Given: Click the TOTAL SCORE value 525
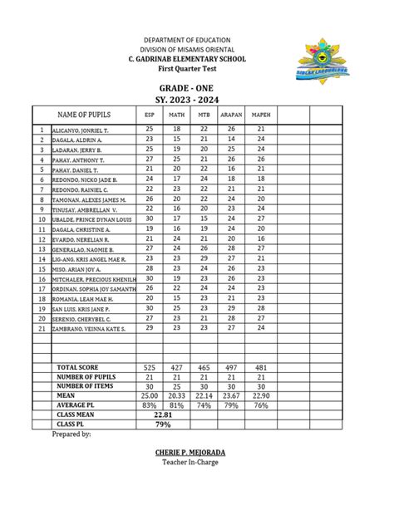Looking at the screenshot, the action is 150,367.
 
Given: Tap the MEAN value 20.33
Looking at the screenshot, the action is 176,395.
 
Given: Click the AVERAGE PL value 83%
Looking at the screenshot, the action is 150,405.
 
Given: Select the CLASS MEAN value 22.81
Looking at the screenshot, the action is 163,414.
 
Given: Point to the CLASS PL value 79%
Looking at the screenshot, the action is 163,424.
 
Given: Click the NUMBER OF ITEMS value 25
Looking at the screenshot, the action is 176,386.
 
